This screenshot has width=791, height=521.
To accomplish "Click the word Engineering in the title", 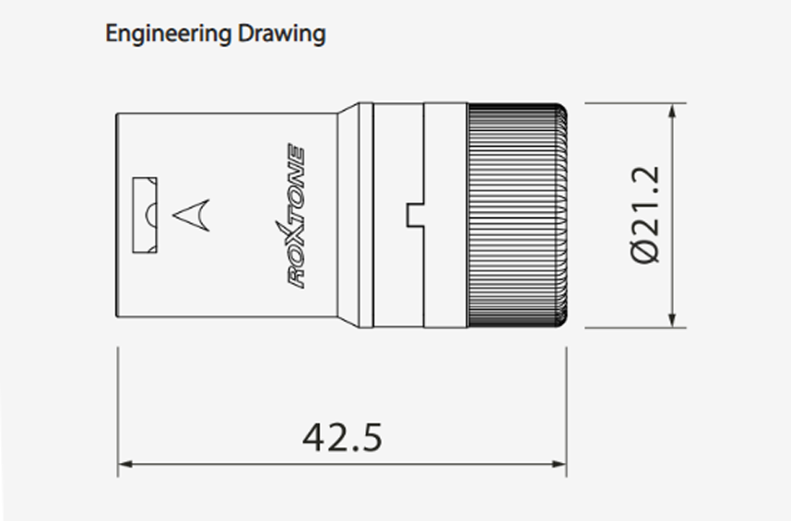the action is coord(169,34).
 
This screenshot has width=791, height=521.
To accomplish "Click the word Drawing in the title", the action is coord(281,34).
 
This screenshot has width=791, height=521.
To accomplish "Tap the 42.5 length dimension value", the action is coord(342,437).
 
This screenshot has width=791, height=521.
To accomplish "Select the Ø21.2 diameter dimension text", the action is coord(644,214).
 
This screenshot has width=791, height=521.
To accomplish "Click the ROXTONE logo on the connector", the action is coord(296,216).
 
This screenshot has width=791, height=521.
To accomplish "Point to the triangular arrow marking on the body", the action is coord(192,215).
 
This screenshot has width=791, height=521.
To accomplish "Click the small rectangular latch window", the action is coord(145,215).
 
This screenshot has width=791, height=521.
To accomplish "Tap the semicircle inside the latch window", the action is coord(151,215).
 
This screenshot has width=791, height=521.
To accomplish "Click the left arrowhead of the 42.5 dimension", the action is coord(125,464).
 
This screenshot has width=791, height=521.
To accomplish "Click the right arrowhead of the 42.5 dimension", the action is coord(560,464).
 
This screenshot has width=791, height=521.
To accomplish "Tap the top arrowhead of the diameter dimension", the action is coord(672,111).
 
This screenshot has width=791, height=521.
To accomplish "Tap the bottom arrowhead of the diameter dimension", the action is coord(672,320).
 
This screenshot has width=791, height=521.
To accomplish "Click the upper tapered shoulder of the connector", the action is coord(348,109).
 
